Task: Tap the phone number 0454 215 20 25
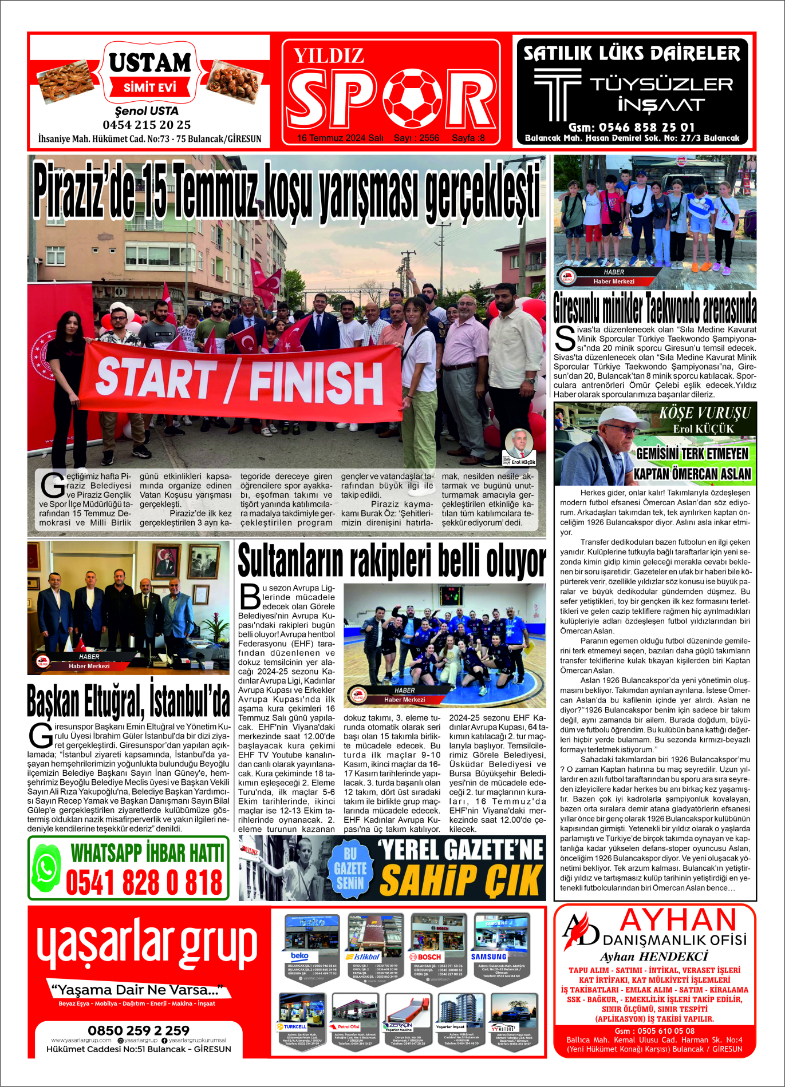point(147,125)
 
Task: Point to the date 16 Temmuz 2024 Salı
point(340,138)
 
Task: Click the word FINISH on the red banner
point(316,383)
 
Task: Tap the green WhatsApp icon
point(46,867)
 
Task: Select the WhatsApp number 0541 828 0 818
point(144,882)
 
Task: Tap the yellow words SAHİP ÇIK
point(461,880)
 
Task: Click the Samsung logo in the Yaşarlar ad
point(488,957)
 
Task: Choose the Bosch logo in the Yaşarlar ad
point(425,957)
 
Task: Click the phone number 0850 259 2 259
point(139,1030)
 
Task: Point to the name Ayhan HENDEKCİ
point(654,957)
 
